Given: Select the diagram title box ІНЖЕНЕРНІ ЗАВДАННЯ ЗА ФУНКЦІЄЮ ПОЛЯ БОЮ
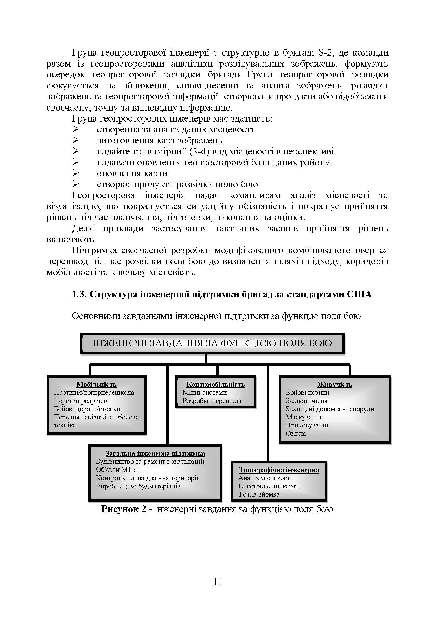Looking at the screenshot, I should (212, 343).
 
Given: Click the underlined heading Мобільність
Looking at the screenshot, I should (97, 385).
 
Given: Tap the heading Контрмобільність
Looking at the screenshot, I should (215, 385).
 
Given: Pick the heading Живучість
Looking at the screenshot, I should (335, 385).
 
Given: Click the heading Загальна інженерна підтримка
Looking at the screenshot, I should (155, 454).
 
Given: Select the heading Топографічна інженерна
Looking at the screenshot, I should (279, 470).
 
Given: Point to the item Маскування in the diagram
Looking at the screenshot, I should (304, 417).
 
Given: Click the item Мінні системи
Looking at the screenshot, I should (205, 392).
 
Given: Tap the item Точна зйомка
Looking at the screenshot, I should (259, 494).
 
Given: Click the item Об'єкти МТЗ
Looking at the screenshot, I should (116, 470).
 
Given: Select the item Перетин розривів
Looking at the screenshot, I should (80, 401).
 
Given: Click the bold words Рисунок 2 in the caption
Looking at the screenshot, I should (123, 509).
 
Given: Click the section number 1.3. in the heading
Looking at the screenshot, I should (79, 294).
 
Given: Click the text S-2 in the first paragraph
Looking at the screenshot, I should (326, 52).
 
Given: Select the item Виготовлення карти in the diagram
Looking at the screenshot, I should (269, 486).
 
